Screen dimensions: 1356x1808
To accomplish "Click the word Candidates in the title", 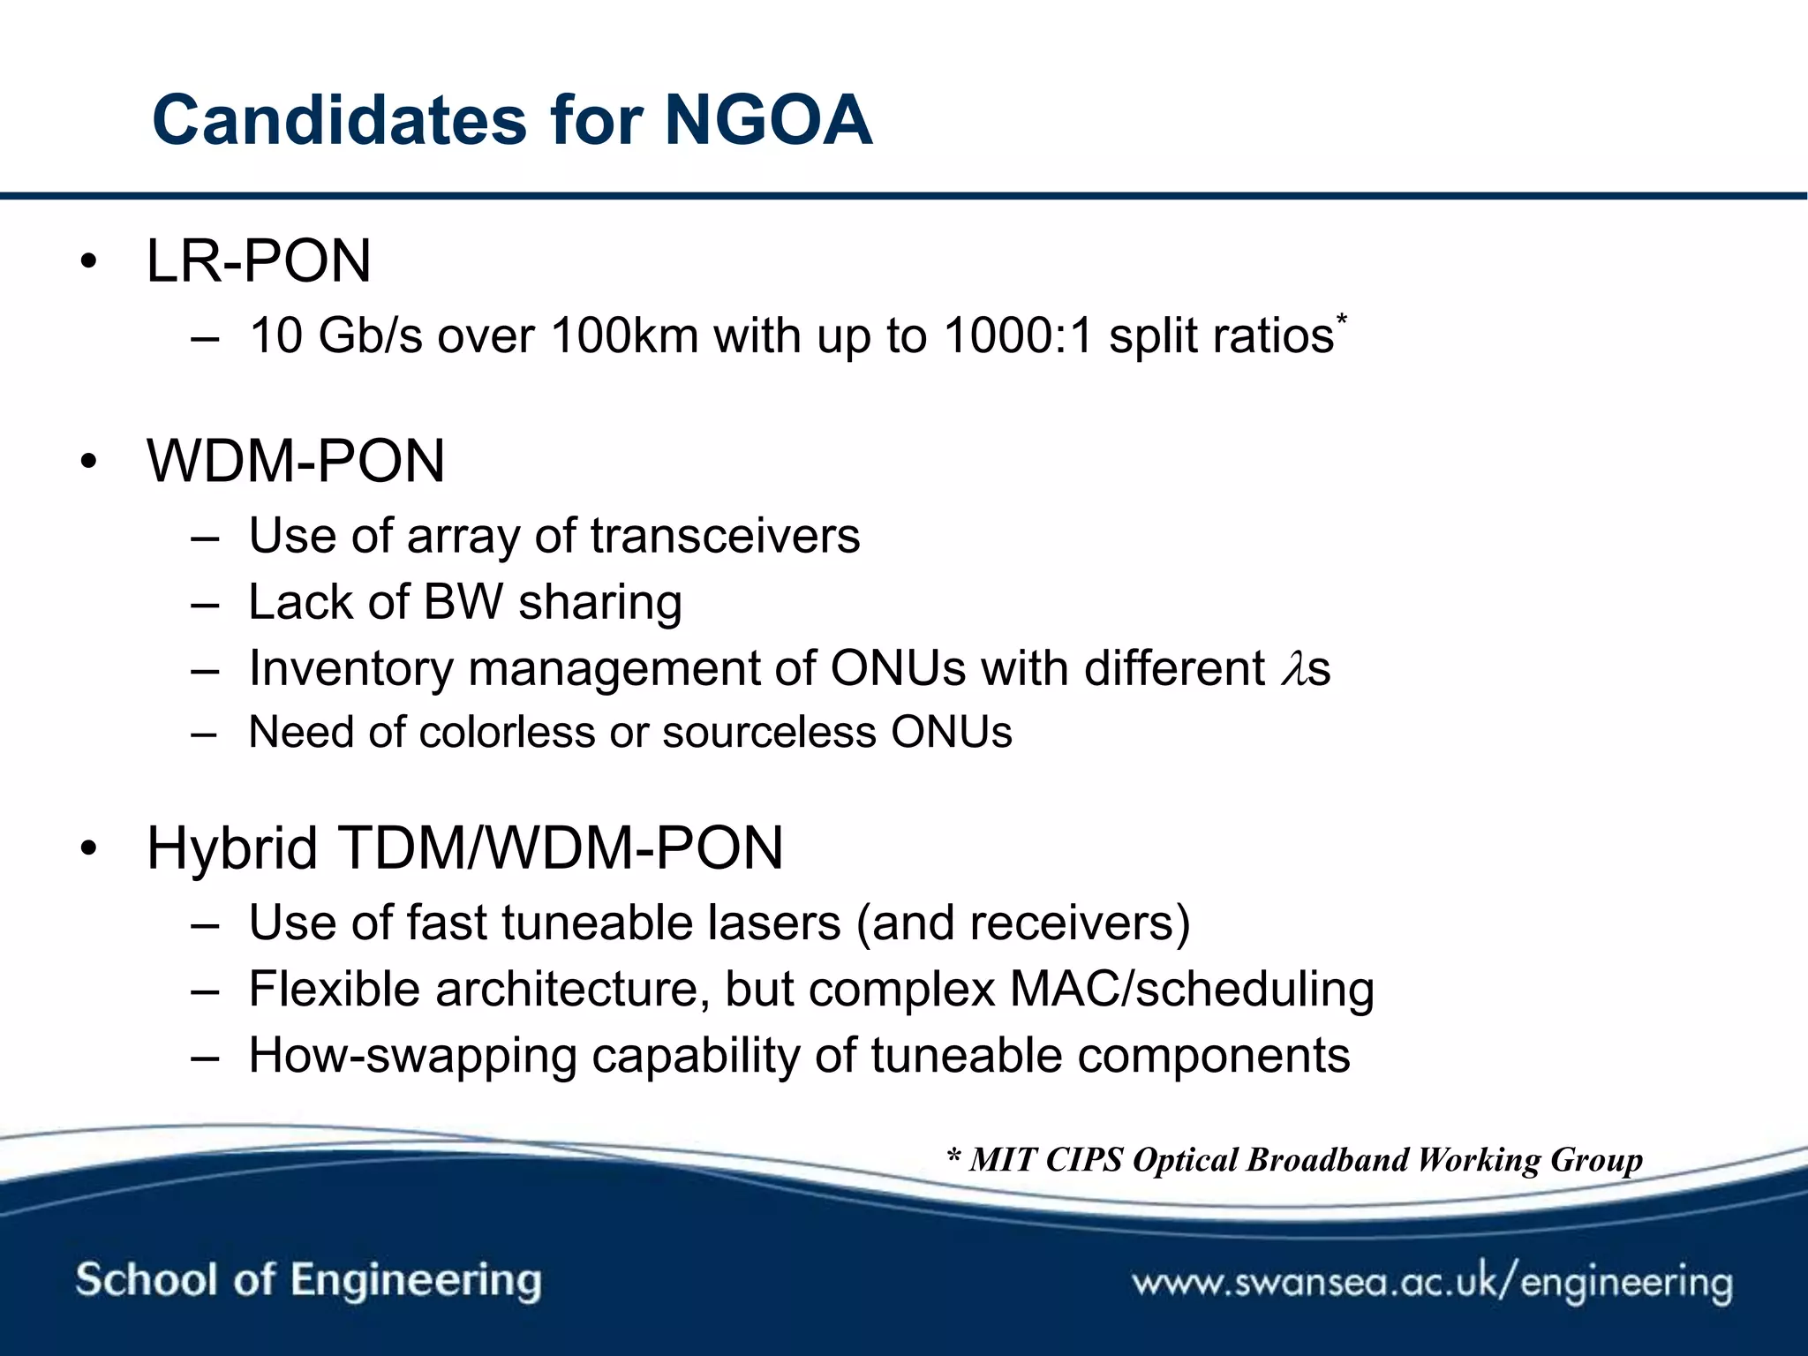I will click(x=340, y=120).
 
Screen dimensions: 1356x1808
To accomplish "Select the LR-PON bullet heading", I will click(x=259, y=261).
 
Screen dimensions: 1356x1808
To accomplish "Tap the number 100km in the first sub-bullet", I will click(x=624, y=336).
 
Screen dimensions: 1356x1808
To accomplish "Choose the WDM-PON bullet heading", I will click(x=296, y=461).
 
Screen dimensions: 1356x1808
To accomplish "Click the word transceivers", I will click(x=725, y=536).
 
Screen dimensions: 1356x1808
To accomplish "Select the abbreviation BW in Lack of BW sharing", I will click(x=463, y=602).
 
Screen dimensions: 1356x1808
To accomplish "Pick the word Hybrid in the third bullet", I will click(x=231, y=848).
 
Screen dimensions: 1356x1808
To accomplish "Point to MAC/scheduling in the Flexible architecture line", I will click(x=1192, y=990).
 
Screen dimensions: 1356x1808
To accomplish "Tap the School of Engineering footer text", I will click(x=308, y=1280).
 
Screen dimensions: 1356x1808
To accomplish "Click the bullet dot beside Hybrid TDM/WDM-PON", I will click(x=87, y=849).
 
